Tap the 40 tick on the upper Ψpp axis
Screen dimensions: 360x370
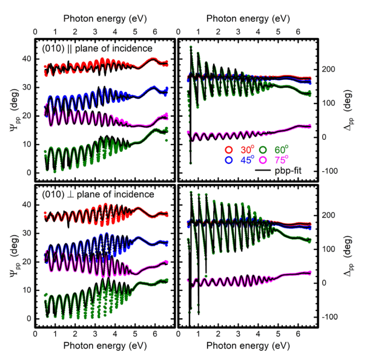26,59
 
